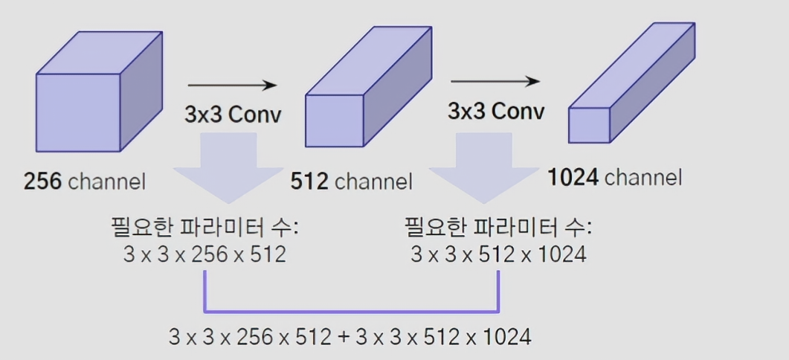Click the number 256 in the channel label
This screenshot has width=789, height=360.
coord(43,181)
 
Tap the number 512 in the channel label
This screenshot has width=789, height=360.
coord(310,181)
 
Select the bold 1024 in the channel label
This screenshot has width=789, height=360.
coord(573,178)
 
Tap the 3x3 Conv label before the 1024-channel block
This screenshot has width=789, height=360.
coord(495,111)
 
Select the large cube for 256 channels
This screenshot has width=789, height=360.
coord(97,93)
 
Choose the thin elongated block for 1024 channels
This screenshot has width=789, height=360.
coord(629,86)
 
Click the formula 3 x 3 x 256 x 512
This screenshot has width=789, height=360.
coord(205,254)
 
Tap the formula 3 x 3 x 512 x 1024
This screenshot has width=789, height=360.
coord(498,254)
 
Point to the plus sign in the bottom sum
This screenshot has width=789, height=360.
coord(344,337)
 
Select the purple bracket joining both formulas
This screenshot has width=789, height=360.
coord(351,309)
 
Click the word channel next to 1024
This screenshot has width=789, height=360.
coord(643,178)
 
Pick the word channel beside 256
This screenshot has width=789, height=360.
coord(107,181)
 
